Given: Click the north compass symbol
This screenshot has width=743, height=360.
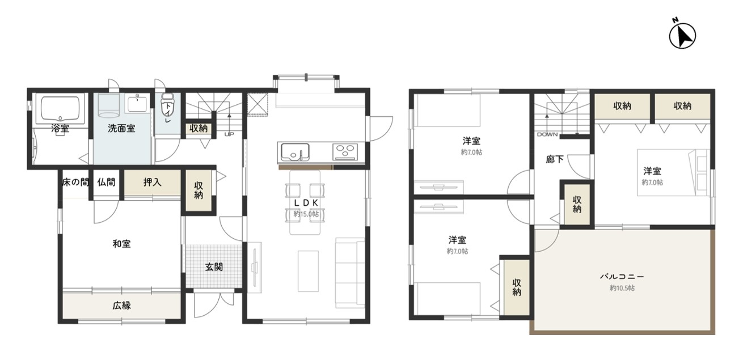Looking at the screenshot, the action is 682,36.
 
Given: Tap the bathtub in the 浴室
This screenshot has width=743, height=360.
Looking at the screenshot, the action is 60,109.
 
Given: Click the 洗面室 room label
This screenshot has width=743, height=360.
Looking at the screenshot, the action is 121,128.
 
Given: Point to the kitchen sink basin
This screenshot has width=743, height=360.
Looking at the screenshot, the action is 295,152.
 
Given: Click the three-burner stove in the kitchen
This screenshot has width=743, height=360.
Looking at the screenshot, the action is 345,152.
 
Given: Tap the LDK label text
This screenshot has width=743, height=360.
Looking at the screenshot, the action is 306,203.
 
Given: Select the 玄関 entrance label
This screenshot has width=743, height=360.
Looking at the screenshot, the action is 214,267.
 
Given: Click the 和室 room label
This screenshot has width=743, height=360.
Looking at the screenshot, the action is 121,244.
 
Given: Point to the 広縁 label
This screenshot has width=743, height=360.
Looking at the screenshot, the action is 121,306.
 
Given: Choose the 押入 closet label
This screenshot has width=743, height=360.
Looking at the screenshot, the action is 152,182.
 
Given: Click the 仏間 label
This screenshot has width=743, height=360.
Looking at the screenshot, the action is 106,182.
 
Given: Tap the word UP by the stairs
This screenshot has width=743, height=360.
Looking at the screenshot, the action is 229,134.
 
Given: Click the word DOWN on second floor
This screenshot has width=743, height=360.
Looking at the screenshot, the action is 547,134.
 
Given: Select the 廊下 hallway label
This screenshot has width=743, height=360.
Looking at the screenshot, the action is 555,159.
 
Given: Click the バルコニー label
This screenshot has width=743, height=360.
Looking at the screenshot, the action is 622,276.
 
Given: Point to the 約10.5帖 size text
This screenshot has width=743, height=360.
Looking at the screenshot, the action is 622,288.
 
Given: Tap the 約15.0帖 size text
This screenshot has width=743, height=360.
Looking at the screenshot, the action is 306,214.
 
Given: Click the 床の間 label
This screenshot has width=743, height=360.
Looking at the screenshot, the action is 75,182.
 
